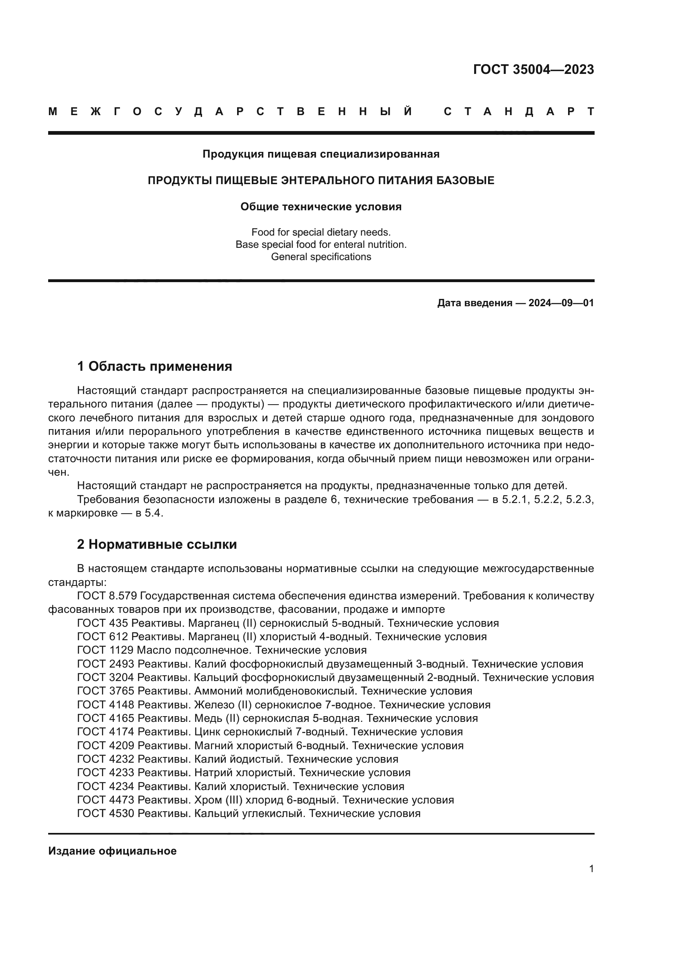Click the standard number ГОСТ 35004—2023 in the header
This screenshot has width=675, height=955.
point(533,69)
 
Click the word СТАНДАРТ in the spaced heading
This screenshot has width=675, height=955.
point(519,111)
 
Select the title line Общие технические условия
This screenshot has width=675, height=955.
point(321,207)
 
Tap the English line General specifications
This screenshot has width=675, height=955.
point(321,257)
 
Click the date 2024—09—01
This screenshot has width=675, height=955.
point(561,303)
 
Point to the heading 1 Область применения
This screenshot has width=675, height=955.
point(154,366)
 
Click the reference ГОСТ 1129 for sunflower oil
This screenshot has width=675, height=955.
point(105,650)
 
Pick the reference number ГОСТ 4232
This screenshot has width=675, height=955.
point(105,759)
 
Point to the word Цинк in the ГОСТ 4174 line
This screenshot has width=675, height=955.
point(207,732)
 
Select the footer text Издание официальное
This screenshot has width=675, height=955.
point(112,851)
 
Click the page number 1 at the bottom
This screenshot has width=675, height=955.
point(591,869)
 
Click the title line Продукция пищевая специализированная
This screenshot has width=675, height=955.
point(321,154)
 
